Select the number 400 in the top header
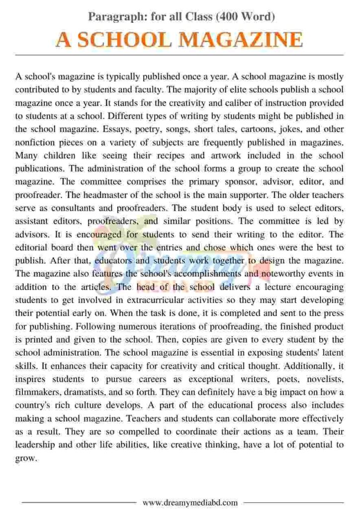pyautogui.click(x=230, y=17)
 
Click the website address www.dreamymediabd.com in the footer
pyautogui.click(x=190, y=502)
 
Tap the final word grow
pyautogui.click(x=25, y=458)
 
